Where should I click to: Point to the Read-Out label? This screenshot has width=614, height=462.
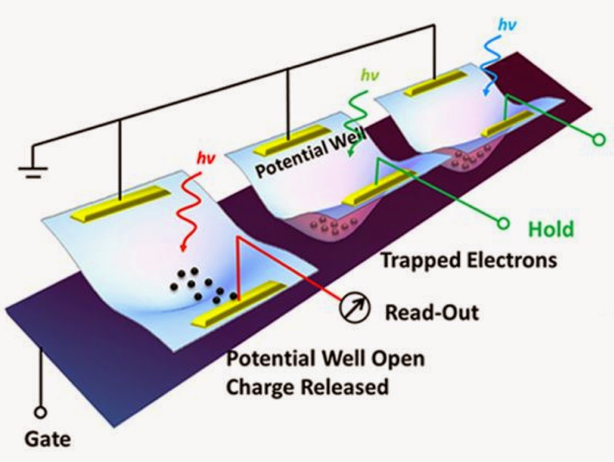(x=432, y=312)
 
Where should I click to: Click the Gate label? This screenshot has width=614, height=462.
(x=48, y=439)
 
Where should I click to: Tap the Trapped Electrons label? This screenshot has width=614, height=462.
(x=468, y=260)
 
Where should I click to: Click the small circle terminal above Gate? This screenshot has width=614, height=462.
(x=40, y=412)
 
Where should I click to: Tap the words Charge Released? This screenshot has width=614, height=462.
(x=308, y=387)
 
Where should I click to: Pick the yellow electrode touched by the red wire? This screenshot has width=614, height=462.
(x=238, y=304)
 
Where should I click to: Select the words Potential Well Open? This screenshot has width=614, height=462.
(x=326, y=360)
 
